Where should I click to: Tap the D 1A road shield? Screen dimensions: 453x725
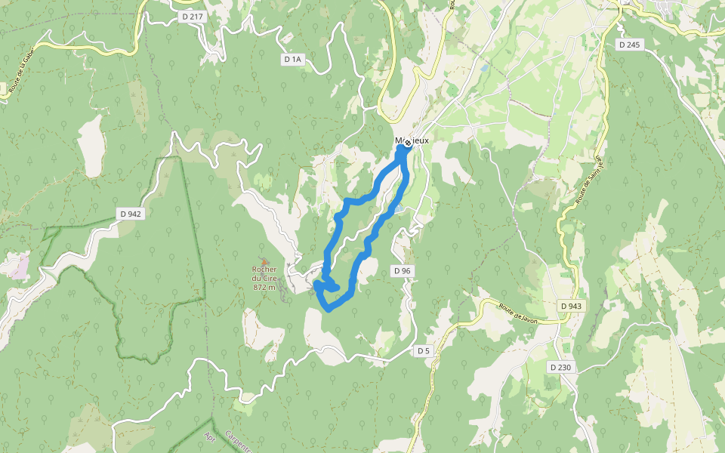(293, 59)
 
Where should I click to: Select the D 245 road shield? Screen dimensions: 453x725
(629, 45)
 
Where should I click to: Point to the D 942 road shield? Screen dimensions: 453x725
(130, 214)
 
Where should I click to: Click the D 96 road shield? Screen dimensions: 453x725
(402, 270)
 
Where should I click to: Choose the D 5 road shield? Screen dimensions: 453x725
(423, 350)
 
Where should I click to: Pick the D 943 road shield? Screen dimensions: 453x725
(572, 306)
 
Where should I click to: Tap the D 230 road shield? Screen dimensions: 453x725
(560, 367)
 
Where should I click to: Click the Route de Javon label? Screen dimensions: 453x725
(517, 310)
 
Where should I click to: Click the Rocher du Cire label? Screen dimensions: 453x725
(264, 273)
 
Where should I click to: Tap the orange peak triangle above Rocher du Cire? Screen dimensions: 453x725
(264, 261)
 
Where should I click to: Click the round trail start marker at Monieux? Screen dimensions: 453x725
(408, 143)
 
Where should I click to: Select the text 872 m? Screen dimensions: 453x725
(264, 288)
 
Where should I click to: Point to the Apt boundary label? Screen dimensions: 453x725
(210, 438)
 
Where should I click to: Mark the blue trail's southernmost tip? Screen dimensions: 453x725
(328, 309)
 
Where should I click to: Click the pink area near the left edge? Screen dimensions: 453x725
(20, 266)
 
